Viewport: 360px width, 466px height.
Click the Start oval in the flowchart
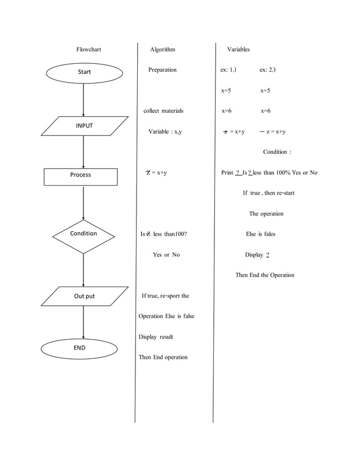(x=84, y=72)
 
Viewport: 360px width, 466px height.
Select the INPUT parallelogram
(x=84, y=126)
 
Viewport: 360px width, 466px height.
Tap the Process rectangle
(x=81, y=175)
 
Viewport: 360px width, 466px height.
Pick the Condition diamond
(x=84, y=234)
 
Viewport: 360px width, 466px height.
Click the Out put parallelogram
(x=84, y=296)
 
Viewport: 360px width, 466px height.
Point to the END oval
(x=80, y=348)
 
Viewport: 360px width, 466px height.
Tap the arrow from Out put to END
(x=84, y=322)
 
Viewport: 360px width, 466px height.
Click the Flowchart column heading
(x=89, y=50)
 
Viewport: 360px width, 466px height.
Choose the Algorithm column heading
(x=163, y=50)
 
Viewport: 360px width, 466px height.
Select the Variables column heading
(x=238, y=50)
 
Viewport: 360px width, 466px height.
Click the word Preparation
(x=163, y=70)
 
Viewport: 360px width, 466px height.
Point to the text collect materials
(x=163, y=111)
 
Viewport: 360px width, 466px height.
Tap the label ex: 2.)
(x=267, y=70)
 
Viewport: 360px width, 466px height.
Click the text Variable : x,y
(x=165, y=131)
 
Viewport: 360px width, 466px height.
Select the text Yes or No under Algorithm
(x=166, y=255)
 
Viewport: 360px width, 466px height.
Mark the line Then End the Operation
(x=265, y=275)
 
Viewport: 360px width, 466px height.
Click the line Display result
(x=156, y=337)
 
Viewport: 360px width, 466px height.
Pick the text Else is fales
(x=261, y=234)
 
